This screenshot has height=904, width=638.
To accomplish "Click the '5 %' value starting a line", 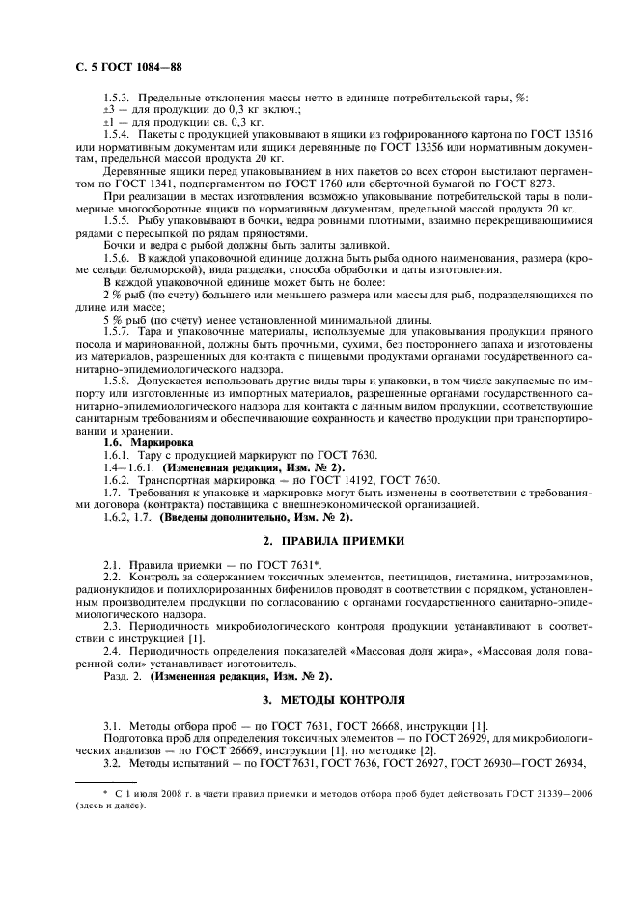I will (x=111, y=321).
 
